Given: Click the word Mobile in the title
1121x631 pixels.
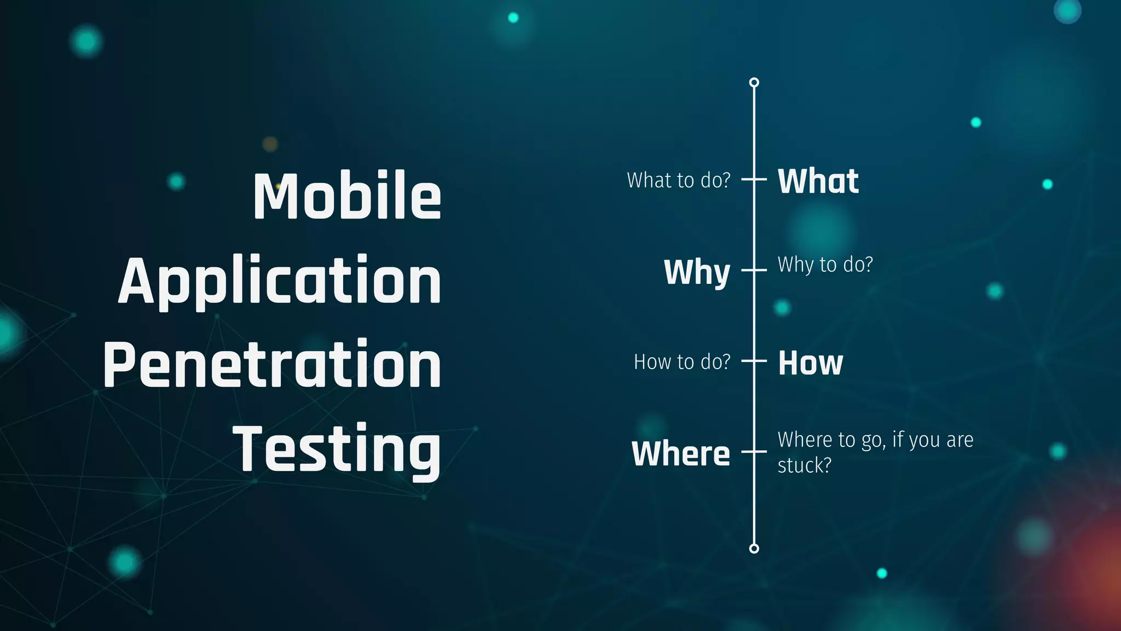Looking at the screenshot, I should point(347,196).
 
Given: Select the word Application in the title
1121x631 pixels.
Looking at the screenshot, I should point(280,281).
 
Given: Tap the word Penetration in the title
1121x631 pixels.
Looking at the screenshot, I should point(272,364).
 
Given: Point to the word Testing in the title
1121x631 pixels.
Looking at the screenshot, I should point(337,449).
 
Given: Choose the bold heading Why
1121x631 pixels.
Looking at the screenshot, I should point(697,272).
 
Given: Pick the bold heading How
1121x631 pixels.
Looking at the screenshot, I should point(811,363).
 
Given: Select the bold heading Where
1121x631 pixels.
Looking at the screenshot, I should point(681,454).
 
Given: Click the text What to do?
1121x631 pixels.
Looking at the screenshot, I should point(679,180).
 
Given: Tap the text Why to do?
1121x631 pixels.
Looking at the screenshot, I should point(825,265).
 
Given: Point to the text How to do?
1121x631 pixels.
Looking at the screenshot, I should point(682,362).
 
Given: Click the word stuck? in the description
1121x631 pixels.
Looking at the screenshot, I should point(804,466).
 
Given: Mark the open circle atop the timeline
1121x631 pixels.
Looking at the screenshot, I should point(754,83).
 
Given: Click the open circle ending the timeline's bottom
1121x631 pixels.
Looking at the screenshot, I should point(754,548).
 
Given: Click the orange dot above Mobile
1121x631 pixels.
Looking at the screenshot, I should point(270,144).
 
